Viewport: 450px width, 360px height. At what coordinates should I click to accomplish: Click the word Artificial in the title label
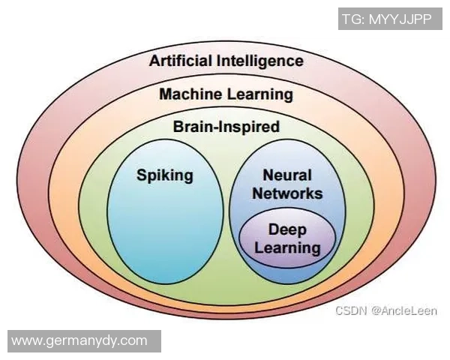coord(182,61)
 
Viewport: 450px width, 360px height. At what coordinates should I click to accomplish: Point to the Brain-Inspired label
coord(226,127)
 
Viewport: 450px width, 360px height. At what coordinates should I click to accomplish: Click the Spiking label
coord(164,175)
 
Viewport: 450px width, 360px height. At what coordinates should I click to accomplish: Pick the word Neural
coord(286,175)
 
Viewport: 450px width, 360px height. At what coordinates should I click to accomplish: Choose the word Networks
coord(287,193)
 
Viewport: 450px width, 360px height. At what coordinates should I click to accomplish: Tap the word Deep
coord(286,229)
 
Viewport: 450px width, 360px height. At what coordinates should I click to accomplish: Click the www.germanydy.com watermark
coord(80,340)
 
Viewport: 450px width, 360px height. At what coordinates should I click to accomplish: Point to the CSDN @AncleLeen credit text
coord(385,310)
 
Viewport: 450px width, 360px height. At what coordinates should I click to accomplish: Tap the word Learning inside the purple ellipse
coord(286,247)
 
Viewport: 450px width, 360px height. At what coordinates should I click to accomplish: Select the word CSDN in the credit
coord(350,310)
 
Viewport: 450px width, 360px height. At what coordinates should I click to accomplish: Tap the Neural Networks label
coord(287,184)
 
